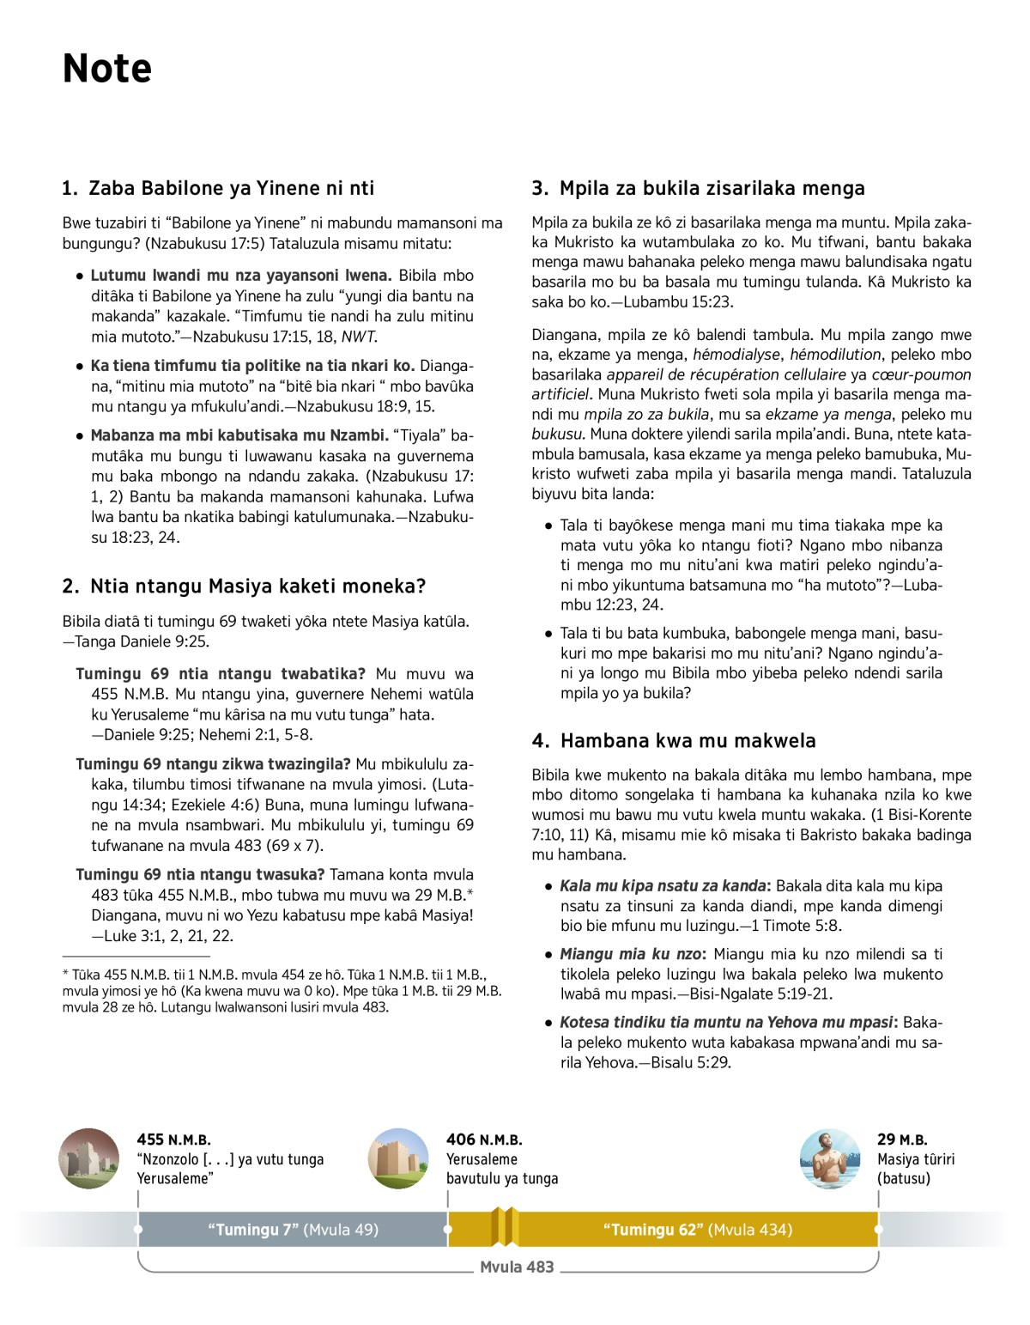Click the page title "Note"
pyautogui.click(x=107, y=69)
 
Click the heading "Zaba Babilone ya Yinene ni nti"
pyautogui.click(x=231, y=188)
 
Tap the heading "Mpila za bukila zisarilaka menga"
pyautogui.click(x=712, y=188)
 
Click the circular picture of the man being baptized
pyautogui.click(x=829, y=1158)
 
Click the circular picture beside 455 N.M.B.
pyautogui.click(x=89, y=1158)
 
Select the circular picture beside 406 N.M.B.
pyautogui.click(x=398, y=1158)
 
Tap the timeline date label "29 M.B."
pyautogui.click(x=902, y=1140)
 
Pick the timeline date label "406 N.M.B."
pyautogui.click(x=484, y=1140)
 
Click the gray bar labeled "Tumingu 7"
pyautogui.click(x=293, y=1230)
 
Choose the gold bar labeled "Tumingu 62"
pyautogui.click(x=697, y=1230)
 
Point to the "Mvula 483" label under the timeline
pyautogui.click(x=517, y=1267)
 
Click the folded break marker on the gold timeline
pyautogui.click(x=506, y=1227)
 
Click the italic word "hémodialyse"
pyautogui.click(x=737, y=355)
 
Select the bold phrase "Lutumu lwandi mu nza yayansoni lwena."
pyautogui.click(x=241, y=276)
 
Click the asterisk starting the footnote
pyautogui.click(x=66, y=974)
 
